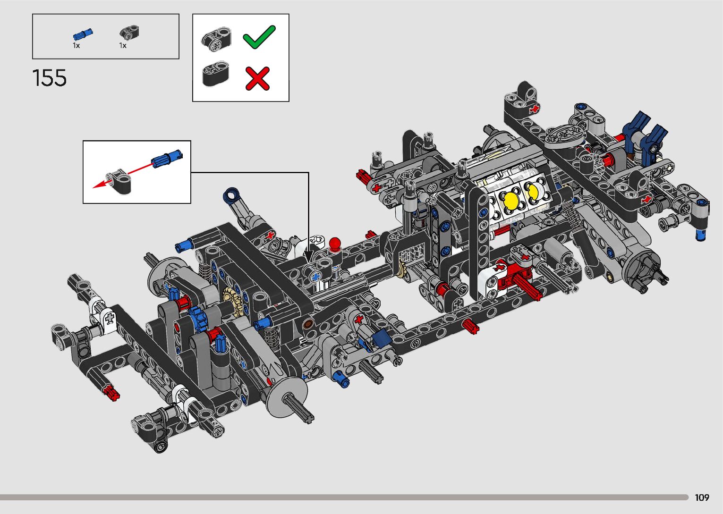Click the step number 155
coord(50,78)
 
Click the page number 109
coord(702,497)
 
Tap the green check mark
coord(259,37)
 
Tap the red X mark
coord(257,78)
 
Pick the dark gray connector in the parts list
coord(129,34)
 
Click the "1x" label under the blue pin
coord(76,46)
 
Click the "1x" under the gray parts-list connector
coord(123,46)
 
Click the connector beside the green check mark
coord(216,39)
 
